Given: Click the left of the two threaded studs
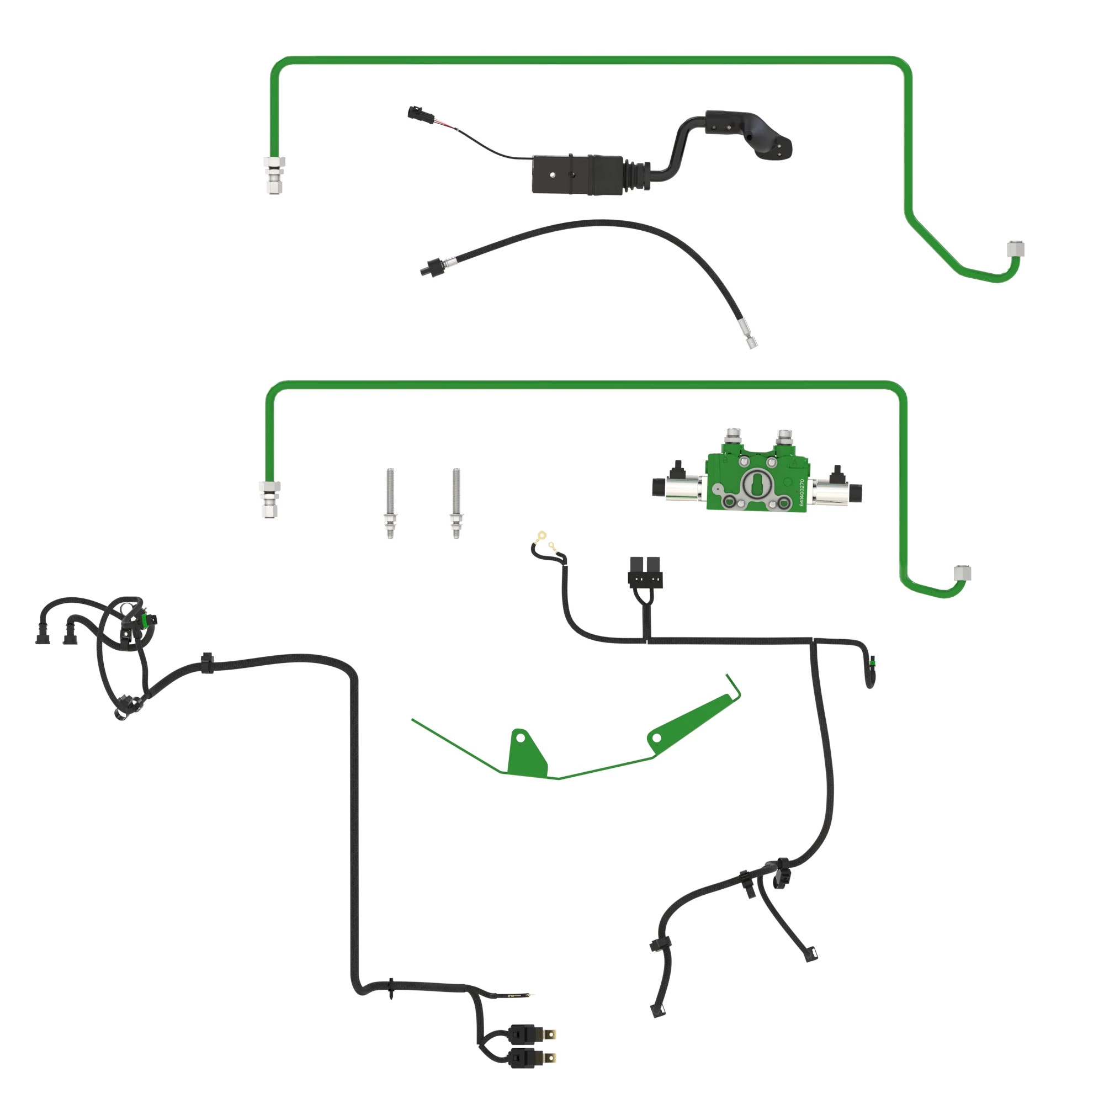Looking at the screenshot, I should click(390, 503).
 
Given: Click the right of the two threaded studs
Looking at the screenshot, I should click(456, 503).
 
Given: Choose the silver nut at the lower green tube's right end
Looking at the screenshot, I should click(963, 572).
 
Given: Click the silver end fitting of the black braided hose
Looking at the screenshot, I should click(750, 341).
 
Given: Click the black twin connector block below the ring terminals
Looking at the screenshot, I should click(645, 573).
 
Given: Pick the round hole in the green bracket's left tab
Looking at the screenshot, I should click(521, 737).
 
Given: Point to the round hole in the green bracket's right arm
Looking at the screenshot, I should click(656, 738).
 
